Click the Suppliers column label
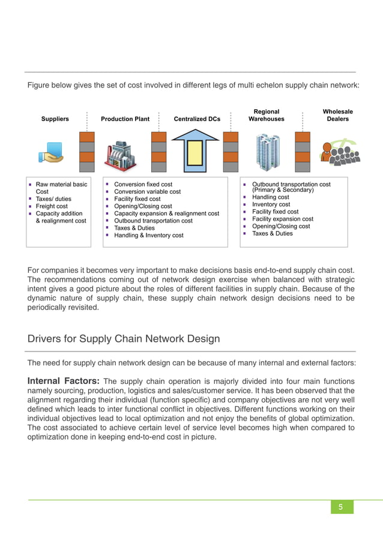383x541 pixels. (55, 119)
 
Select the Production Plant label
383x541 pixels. (125, 119)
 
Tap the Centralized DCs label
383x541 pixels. (197, 119)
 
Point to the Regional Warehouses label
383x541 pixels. (267, 115)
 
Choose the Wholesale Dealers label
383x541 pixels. (337, 115)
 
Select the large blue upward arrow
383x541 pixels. (196, 152)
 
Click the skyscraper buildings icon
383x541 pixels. (267, 152)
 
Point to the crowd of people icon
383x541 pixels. (340, 152)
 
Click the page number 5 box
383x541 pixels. (341, 507)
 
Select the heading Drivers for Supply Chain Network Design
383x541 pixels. (124, 339)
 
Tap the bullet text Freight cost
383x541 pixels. (52, 206)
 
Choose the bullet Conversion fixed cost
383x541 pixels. (143, 185)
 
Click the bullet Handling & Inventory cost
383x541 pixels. (149, 236)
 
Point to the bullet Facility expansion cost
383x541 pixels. (283, 219)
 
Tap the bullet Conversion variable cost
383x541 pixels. (147, 192)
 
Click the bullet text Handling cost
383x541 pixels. (270, 197)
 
